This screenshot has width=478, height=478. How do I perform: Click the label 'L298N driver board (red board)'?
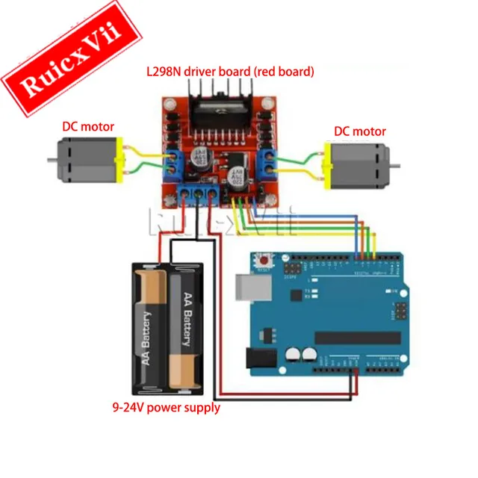pos(229,72)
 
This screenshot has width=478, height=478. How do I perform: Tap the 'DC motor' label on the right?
pos(360,131)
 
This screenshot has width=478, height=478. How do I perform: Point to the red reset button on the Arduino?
pos(264,261)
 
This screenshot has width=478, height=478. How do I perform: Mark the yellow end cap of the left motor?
pos(117,161)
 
